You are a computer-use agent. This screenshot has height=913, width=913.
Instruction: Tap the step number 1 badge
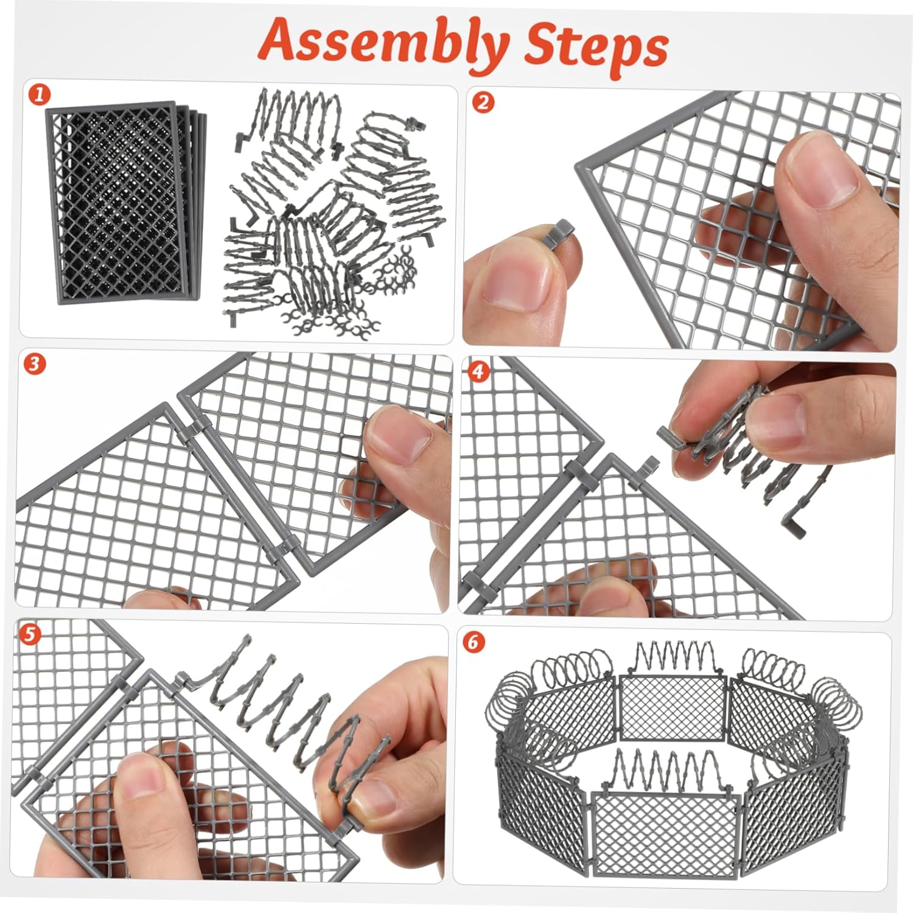pos(39,95)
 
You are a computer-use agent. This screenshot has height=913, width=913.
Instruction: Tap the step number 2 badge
pos(483,102)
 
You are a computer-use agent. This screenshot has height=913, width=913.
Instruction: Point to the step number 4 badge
pos(479,371)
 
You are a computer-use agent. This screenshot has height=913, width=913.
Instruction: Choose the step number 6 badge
pos(474,643)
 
